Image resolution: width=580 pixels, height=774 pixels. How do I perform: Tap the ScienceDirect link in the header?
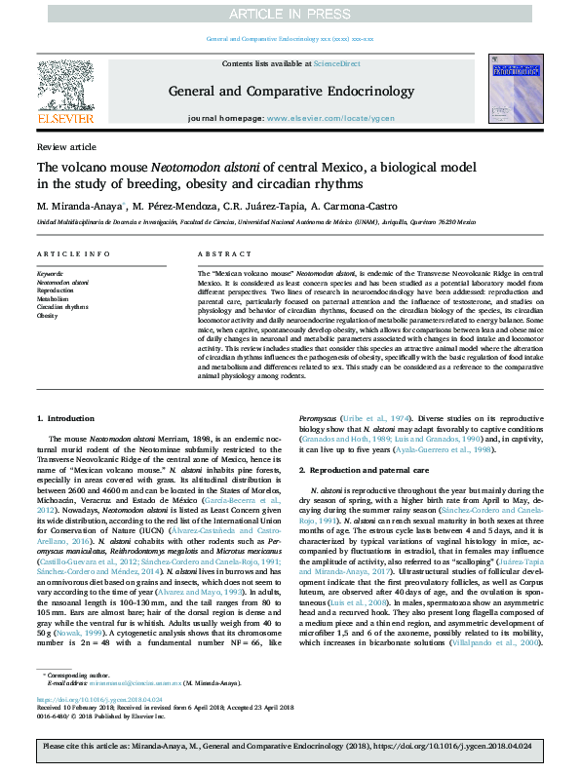pyautogui.click(x=336, y=62)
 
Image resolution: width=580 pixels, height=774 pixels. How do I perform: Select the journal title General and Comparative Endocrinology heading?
pyautogui.click(x=291, y=91)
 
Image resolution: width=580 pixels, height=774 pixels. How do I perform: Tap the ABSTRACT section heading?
pyautogui.click(x=218, y=253)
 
